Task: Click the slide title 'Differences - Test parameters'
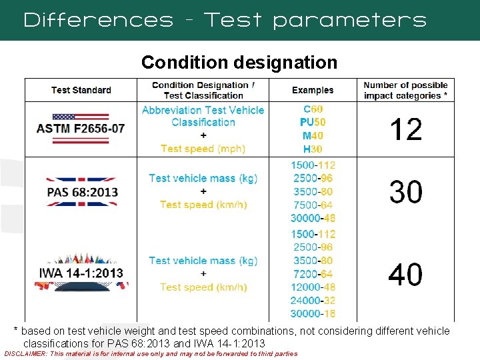[x=225, y=20]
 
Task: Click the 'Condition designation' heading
[x=239, y=63]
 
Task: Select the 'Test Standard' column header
[x=81, y=90]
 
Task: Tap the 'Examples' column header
[x=313, y=90]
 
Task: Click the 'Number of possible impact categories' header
[x=405, y=90]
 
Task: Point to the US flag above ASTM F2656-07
[x=81, y=115]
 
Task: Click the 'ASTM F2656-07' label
[x=81, y=129]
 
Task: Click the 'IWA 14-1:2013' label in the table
[x=81, y=273]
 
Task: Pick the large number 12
[x=405, y=129]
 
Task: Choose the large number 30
[x=405, y=192]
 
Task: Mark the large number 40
[x=405, y=274]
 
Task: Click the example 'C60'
[x=313, y=109]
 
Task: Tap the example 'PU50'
[x=313, y=123]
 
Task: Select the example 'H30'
[x=313, y=149]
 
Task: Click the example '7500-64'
[x=313, y=205]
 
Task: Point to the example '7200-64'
[x=313, y=274]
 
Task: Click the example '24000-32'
[x=313, y=301]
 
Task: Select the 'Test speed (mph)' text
[x=203, y=149]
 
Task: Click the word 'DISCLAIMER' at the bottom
[x=25, y=354]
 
